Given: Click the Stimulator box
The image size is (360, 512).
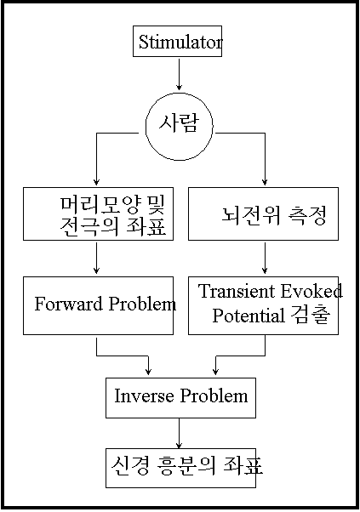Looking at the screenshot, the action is point(177,42).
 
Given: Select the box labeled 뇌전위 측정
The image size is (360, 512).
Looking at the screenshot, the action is point(263,213).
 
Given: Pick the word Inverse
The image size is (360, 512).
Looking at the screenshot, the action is point(144,395).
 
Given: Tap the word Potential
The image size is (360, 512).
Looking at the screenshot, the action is point(249,316).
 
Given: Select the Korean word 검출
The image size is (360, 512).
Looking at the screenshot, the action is point(310,315).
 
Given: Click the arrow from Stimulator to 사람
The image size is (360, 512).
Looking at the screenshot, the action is point(179,75).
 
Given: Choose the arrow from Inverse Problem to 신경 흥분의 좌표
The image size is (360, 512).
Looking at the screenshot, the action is point(179,433).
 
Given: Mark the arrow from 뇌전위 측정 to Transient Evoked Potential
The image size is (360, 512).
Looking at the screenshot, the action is point(265,258).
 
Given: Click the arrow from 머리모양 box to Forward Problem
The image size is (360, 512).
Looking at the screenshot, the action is point(96,258).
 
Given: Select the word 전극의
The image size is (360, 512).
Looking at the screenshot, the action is point(89,226).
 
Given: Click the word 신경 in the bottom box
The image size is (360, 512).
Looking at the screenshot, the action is point(130,465).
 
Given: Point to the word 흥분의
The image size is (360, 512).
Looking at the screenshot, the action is point(186,465).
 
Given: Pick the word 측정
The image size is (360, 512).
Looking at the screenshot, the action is point(307,215).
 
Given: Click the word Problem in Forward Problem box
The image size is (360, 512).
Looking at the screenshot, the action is point(142,304).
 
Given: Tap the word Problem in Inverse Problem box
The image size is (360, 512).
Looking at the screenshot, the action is point(214,395).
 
